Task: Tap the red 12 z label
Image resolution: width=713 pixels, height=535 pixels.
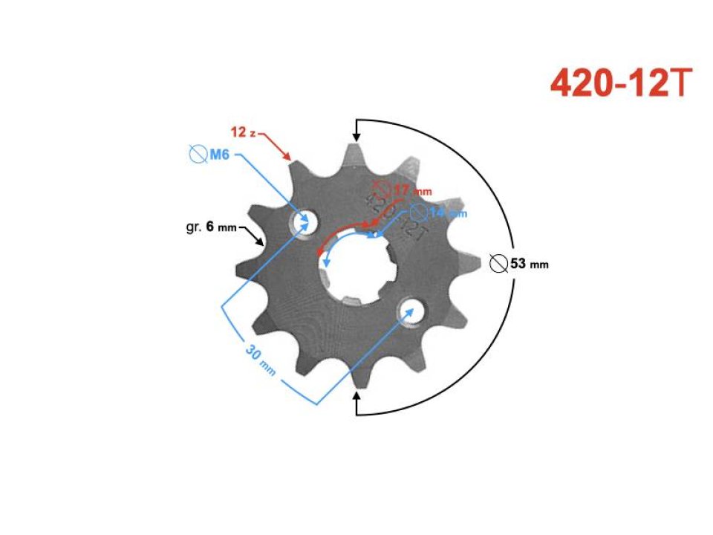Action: pos(244,132)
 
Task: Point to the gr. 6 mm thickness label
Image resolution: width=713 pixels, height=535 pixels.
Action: pos(211,227)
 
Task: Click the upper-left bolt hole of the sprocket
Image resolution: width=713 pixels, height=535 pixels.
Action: pos(303,221)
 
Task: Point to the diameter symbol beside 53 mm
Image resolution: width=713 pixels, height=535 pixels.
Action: pos(499,263)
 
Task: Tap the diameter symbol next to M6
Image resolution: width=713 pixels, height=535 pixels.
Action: pos(198,155)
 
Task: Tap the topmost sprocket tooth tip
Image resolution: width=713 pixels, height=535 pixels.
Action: pos(356,146)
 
